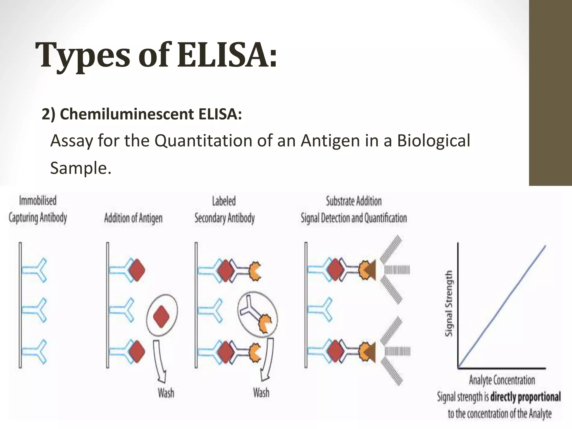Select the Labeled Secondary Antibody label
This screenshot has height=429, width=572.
224,210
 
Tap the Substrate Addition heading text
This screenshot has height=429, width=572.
354,201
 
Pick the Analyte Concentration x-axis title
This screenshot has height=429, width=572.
502,380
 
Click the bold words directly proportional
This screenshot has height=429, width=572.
525,397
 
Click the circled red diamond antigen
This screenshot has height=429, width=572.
161,316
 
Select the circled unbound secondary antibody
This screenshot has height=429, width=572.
257,314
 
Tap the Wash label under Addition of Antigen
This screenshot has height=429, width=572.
166,393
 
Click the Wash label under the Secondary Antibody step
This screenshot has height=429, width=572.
261,392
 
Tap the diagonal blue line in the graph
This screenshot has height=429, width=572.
502,307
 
